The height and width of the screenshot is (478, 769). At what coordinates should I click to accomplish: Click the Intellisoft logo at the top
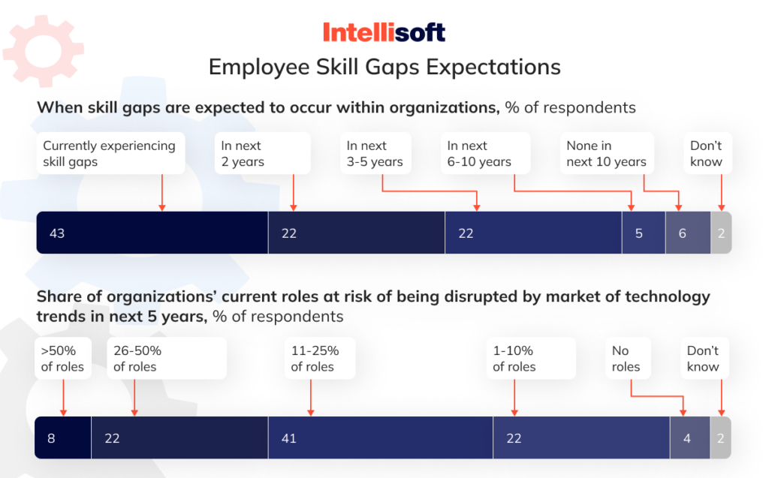click(384, 32)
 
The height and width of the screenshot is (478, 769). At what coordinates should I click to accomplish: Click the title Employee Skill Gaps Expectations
click(384, 67)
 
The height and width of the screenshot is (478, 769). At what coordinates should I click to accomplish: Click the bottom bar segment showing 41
click(380, 437)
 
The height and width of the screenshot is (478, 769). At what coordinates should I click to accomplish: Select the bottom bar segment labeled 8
click(63, 437)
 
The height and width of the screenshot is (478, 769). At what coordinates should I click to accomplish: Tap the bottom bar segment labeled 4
click(689, 437)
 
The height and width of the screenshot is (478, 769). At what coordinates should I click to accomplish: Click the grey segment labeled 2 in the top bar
click(721, 233)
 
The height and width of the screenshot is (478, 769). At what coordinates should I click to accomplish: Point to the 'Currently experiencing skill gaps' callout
click(110, 154)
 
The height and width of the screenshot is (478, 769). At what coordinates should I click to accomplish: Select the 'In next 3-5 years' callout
click(375, 154)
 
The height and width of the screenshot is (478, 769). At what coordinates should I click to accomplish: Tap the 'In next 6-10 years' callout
click(484, 154)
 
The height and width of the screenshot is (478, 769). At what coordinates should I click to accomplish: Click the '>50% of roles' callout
click(63, 359)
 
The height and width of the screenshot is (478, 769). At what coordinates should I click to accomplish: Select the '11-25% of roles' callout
click(318, 359)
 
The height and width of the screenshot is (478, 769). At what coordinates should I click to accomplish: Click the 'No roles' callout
click(627, 359)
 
